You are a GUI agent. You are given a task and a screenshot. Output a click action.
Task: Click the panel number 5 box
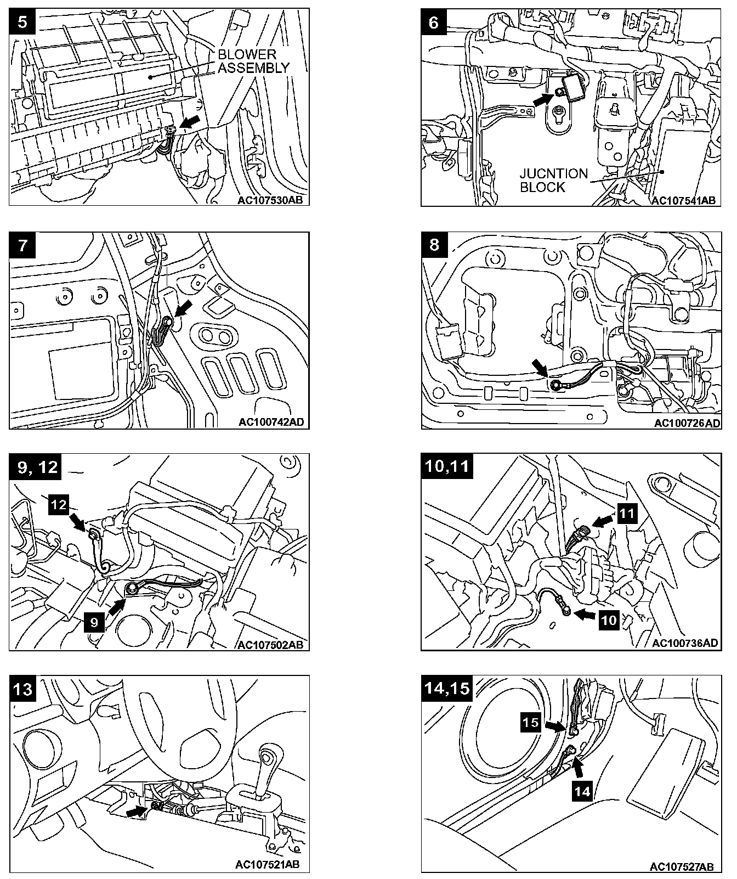click(22, 22)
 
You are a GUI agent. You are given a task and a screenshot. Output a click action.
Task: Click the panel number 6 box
click(434, 22)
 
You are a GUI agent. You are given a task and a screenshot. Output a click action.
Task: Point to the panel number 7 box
click(22, 245)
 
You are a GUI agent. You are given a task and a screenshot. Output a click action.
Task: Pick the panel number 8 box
click(434, 245)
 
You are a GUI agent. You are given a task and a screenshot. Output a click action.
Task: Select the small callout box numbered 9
click(94, 622)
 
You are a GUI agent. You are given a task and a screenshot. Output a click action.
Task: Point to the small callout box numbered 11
click(627, 514)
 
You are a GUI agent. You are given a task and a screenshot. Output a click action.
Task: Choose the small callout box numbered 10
click(609, 620)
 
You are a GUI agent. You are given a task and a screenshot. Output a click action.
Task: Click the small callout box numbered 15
click(530, 722)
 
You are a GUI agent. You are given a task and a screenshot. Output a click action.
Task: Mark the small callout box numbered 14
click(583, 791)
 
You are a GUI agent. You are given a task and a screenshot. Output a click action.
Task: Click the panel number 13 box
click(22, 689)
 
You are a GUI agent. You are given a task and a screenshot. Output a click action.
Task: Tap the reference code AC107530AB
click(270, 200)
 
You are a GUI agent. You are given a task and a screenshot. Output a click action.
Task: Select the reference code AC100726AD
click(687, 423)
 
